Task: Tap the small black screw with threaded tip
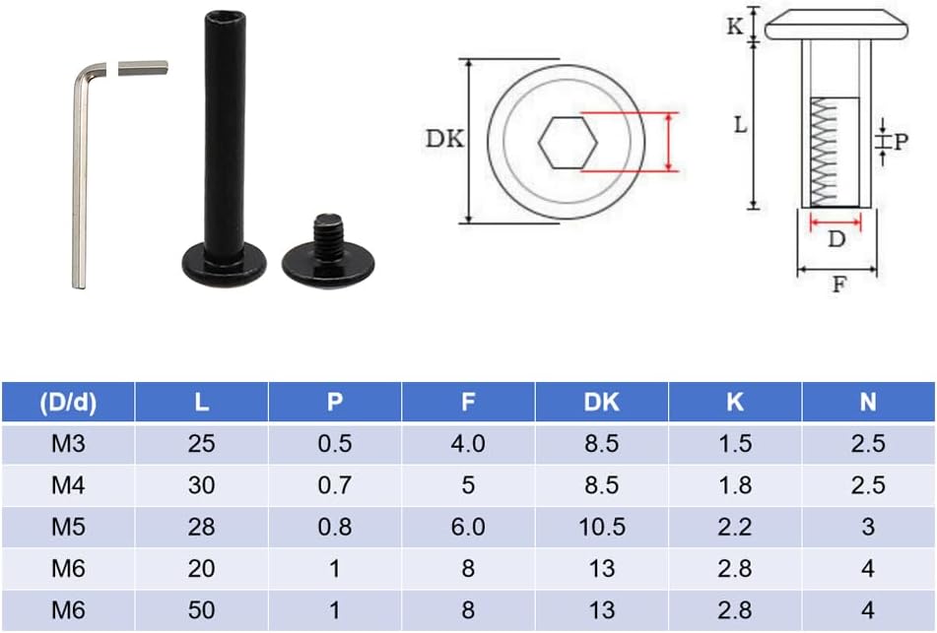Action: [328, 251]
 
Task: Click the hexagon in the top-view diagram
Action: [568, 142]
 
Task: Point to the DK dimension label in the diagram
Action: [444, 139]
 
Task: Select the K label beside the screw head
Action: [734, 27]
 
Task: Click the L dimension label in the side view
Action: [740, 125]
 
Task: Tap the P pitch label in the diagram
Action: [901, 142]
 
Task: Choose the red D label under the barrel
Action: [837, 239]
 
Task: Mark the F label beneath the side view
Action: [838, 285]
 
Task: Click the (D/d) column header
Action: [68, 402]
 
